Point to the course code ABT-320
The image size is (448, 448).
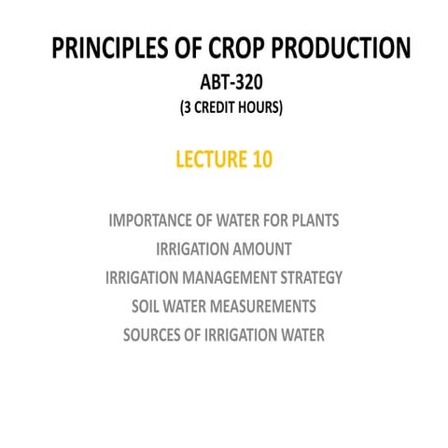click(224, 81)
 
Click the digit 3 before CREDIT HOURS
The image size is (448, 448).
click(185, 107)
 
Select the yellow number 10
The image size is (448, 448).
click(261, 160)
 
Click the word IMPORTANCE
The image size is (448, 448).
click(152, 221)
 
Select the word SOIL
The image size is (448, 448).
click(147, 305)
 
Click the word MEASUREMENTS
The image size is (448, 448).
click(264, 305)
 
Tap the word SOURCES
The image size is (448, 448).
click(153, 334)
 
